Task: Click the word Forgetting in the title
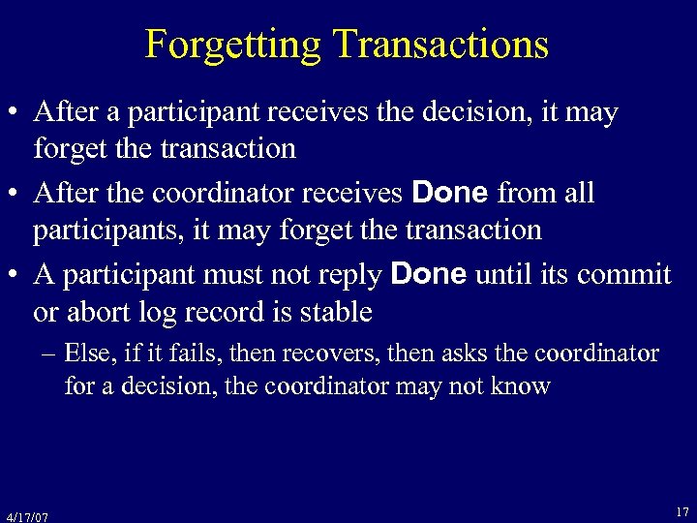pyautogui.click(x=232, y=45)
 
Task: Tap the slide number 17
pyautogui.click(x=682, y=510)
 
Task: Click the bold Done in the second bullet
pyautogui.click(x=449, y=194)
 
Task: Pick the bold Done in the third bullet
pyautogui.click(x=429, y=275)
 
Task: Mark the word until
pyautogui.click(x=503, y=275)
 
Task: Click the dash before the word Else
pyautogui.click(x=50, y=354)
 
